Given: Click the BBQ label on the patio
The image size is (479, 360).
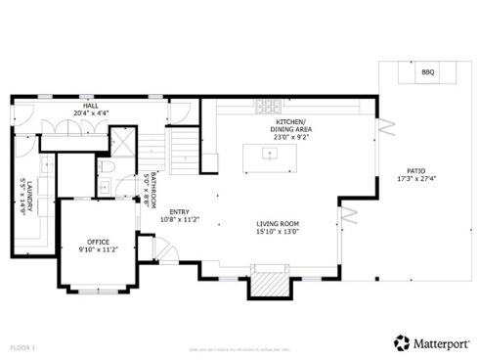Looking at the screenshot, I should (x=427, y=72).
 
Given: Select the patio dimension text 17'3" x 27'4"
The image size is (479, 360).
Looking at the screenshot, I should (x=415, y=179).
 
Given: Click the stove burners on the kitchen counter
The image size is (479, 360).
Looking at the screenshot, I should (x=268, y=106).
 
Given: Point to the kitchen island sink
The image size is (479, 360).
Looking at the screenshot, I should (x=267, y=153).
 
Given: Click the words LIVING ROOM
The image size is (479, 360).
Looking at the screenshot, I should (x=278, y=224).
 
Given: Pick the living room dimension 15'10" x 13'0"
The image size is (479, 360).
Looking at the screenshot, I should (x=278, y=233).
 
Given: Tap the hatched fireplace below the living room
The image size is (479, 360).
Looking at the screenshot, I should (x=270, y=286).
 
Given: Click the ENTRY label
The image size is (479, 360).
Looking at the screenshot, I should (x=180, y=211).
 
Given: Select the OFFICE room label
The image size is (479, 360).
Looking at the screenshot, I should (x=98, y=242).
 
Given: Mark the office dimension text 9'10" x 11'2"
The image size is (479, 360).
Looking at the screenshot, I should (x=98, y=250).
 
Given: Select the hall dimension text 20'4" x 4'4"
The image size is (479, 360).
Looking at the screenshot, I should (x=90, y=112).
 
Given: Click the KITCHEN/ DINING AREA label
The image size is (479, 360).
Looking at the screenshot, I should (x=290, y=125).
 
